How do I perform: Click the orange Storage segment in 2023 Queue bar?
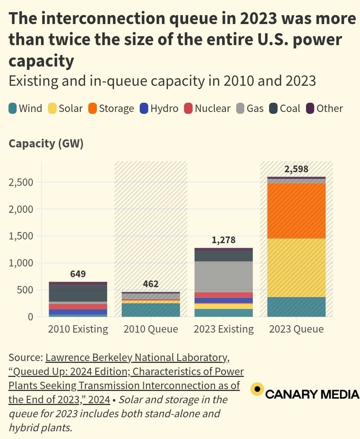coord(296,211)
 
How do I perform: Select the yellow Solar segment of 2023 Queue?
coord(296,268)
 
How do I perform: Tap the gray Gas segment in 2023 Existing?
coord(224,276)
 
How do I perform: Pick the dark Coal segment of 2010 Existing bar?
coord(78,293)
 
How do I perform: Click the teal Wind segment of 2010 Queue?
coord(151,310)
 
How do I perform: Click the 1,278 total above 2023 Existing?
coord(224,240)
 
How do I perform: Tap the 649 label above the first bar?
coord(78,274)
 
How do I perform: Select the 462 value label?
coord(151,284)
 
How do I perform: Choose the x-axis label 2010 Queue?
coord(151,329)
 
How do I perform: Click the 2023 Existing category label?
coord(224,329)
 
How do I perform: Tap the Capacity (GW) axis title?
coord(46,143)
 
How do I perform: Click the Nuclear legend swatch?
coord(189,109)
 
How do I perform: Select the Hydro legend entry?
coord(159,109)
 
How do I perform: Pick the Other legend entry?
coord(325,109)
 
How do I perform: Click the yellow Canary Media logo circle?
coord(257,389)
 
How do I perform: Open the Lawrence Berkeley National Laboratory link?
coord(136,358)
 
